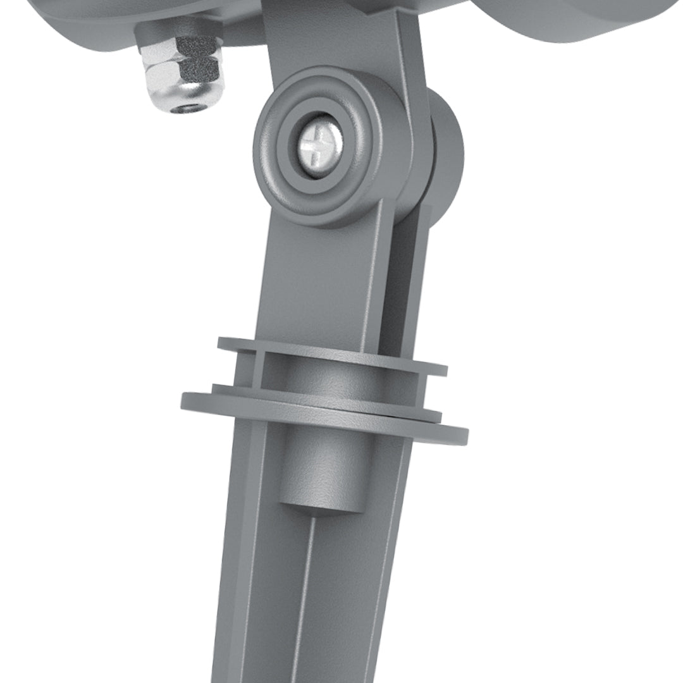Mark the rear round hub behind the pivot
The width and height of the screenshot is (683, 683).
[x=445, y=152]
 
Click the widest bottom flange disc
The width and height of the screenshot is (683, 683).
[x=323, y=415]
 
